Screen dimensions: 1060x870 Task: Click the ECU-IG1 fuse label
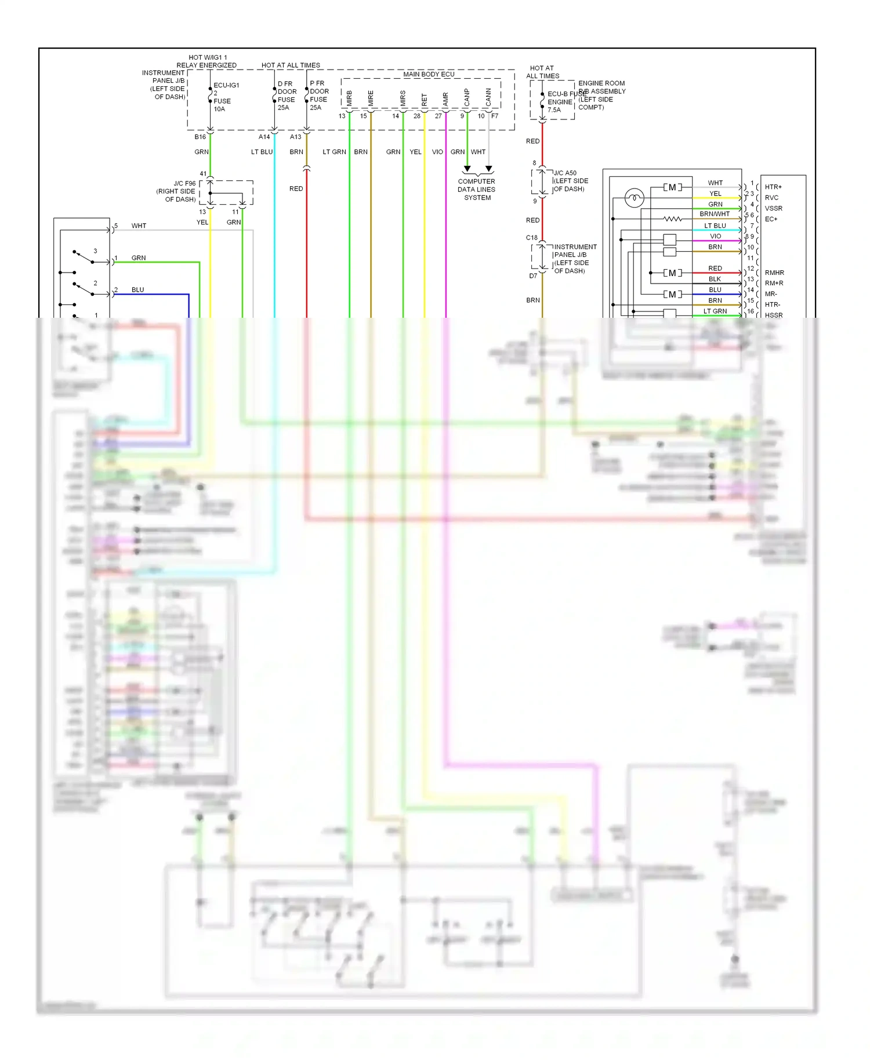pyautogui.click(x=226, y=85)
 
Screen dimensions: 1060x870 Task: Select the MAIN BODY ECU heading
pyautogui.click(x=429, y=74)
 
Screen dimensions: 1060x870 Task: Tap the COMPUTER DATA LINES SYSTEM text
pyautogui.click(x=477, y=189)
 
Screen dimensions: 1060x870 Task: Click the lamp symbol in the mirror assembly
pyautogui.click(x=634, y=198)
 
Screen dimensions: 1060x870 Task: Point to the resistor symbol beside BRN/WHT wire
pyautogui.click(x=672, y=219)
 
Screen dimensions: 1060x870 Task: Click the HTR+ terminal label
pyautogui.click(x=773, y=187)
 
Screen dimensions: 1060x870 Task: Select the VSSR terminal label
pyautogui.click(x=773, y=208)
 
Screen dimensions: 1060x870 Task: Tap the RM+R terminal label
pyautogui.click(x=774, y=283)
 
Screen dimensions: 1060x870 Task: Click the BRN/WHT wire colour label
pyautogui.click(x=715, y=214)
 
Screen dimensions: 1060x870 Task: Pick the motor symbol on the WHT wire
pyautogui.click(x=672, y=187)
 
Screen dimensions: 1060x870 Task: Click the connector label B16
pyautogui.click(x=200, y=137)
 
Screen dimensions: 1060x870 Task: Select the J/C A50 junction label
pyautogui.click(x=565, y=173)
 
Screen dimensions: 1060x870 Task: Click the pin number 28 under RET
pyautogui.click(x=416, y=116)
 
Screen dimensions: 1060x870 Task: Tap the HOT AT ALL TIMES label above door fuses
pyautogui.click(x=291, y=65)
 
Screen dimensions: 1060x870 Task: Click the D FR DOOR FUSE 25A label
pyautogui.click(x=287, y=96)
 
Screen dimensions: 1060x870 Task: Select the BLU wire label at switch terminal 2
pyautogui.click(x=137, y=290)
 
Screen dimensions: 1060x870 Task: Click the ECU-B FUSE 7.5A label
pyautogui.click(x=560, y=101)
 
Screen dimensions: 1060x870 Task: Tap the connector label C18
pyautogui.click(x=531, y=238)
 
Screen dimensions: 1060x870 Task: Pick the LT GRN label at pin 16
pyautogui.click(x=715, y=311)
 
